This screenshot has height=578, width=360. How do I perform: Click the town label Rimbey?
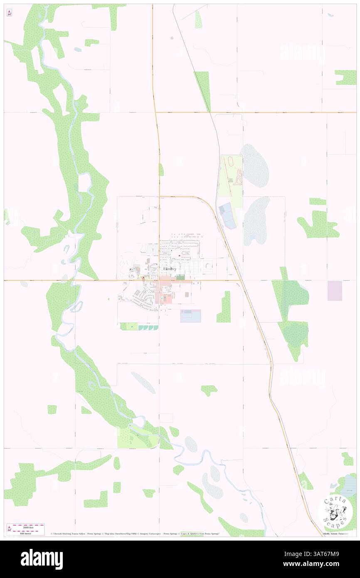tap(170, 269)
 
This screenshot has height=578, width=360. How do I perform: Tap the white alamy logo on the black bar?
tap(42, 559)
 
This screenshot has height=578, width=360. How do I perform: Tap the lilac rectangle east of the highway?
tap(335, 291)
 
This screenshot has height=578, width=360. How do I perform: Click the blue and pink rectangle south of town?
tap(191, 316)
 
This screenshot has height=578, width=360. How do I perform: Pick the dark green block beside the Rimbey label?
tap(180, 277)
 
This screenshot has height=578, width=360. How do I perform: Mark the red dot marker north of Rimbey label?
tap(179, 256)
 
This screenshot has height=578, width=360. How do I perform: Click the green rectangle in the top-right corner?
tap(346, 77)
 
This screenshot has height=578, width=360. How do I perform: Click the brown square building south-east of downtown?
tap(186, 294)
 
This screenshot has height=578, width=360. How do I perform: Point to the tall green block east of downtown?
tap(224, 307)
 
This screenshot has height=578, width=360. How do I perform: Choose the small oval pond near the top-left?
tap(78, 49)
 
